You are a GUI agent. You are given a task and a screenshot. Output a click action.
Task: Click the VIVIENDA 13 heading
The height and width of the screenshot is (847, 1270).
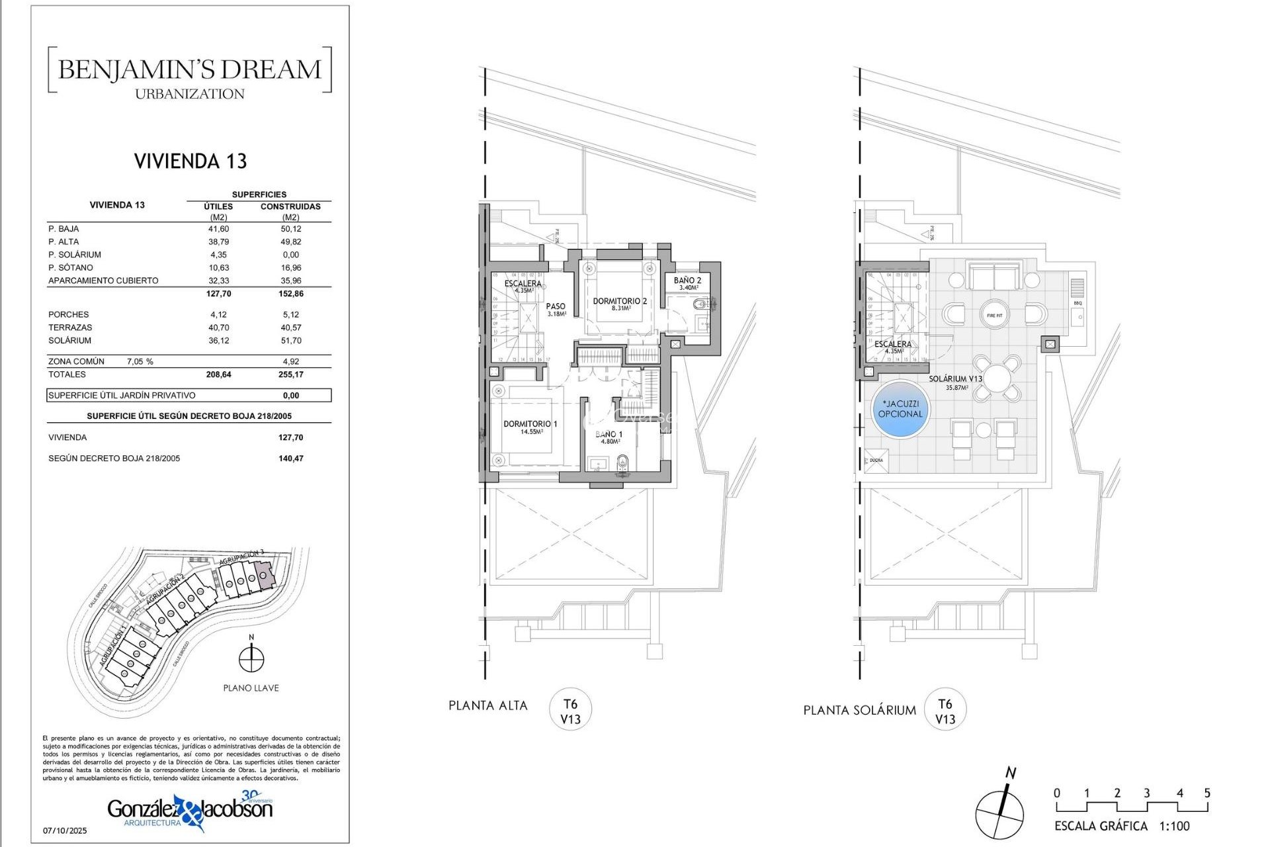click(x=190, y=161)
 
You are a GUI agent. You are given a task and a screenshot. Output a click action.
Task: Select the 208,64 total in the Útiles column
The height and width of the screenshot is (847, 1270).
click(x=218, y=375)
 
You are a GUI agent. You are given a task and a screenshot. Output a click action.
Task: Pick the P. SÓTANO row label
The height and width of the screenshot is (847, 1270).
click(x=71, y=267)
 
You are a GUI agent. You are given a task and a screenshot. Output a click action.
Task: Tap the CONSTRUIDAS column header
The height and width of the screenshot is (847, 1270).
click(x=290, y=206)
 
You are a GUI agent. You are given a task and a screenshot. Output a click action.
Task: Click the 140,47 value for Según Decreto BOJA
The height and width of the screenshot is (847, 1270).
click(x=290, y=458)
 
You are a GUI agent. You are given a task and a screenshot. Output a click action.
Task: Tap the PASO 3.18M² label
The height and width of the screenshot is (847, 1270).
click(x=556, y=309)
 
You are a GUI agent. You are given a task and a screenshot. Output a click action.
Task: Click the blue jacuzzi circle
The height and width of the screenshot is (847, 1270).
click(x=900, y=409)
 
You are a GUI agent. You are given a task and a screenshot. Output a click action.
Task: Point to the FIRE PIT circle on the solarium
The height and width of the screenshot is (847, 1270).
click(x=994, y=316)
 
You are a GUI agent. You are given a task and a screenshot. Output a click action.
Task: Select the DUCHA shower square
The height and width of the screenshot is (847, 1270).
click(x=876, y=461)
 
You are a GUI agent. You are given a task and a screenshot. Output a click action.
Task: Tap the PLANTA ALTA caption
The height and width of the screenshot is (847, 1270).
click(x=487, y=705)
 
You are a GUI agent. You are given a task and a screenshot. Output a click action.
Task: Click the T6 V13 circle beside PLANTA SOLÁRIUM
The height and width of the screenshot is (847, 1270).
click(x=945, y=711)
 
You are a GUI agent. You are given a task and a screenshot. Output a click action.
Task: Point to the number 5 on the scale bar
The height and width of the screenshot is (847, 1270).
click(x=1206, y=793)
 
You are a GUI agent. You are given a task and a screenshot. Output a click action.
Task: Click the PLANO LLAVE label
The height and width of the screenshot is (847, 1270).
click(x=251, y=688)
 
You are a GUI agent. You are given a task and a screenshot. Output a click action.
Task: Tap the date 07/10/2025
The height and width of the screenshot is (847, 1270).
click(x=65, y=830)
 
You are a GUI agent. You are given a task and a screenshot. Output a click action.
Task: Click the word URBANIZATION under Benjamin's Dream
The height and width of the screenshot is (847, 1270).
click(x=190, y=94)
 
